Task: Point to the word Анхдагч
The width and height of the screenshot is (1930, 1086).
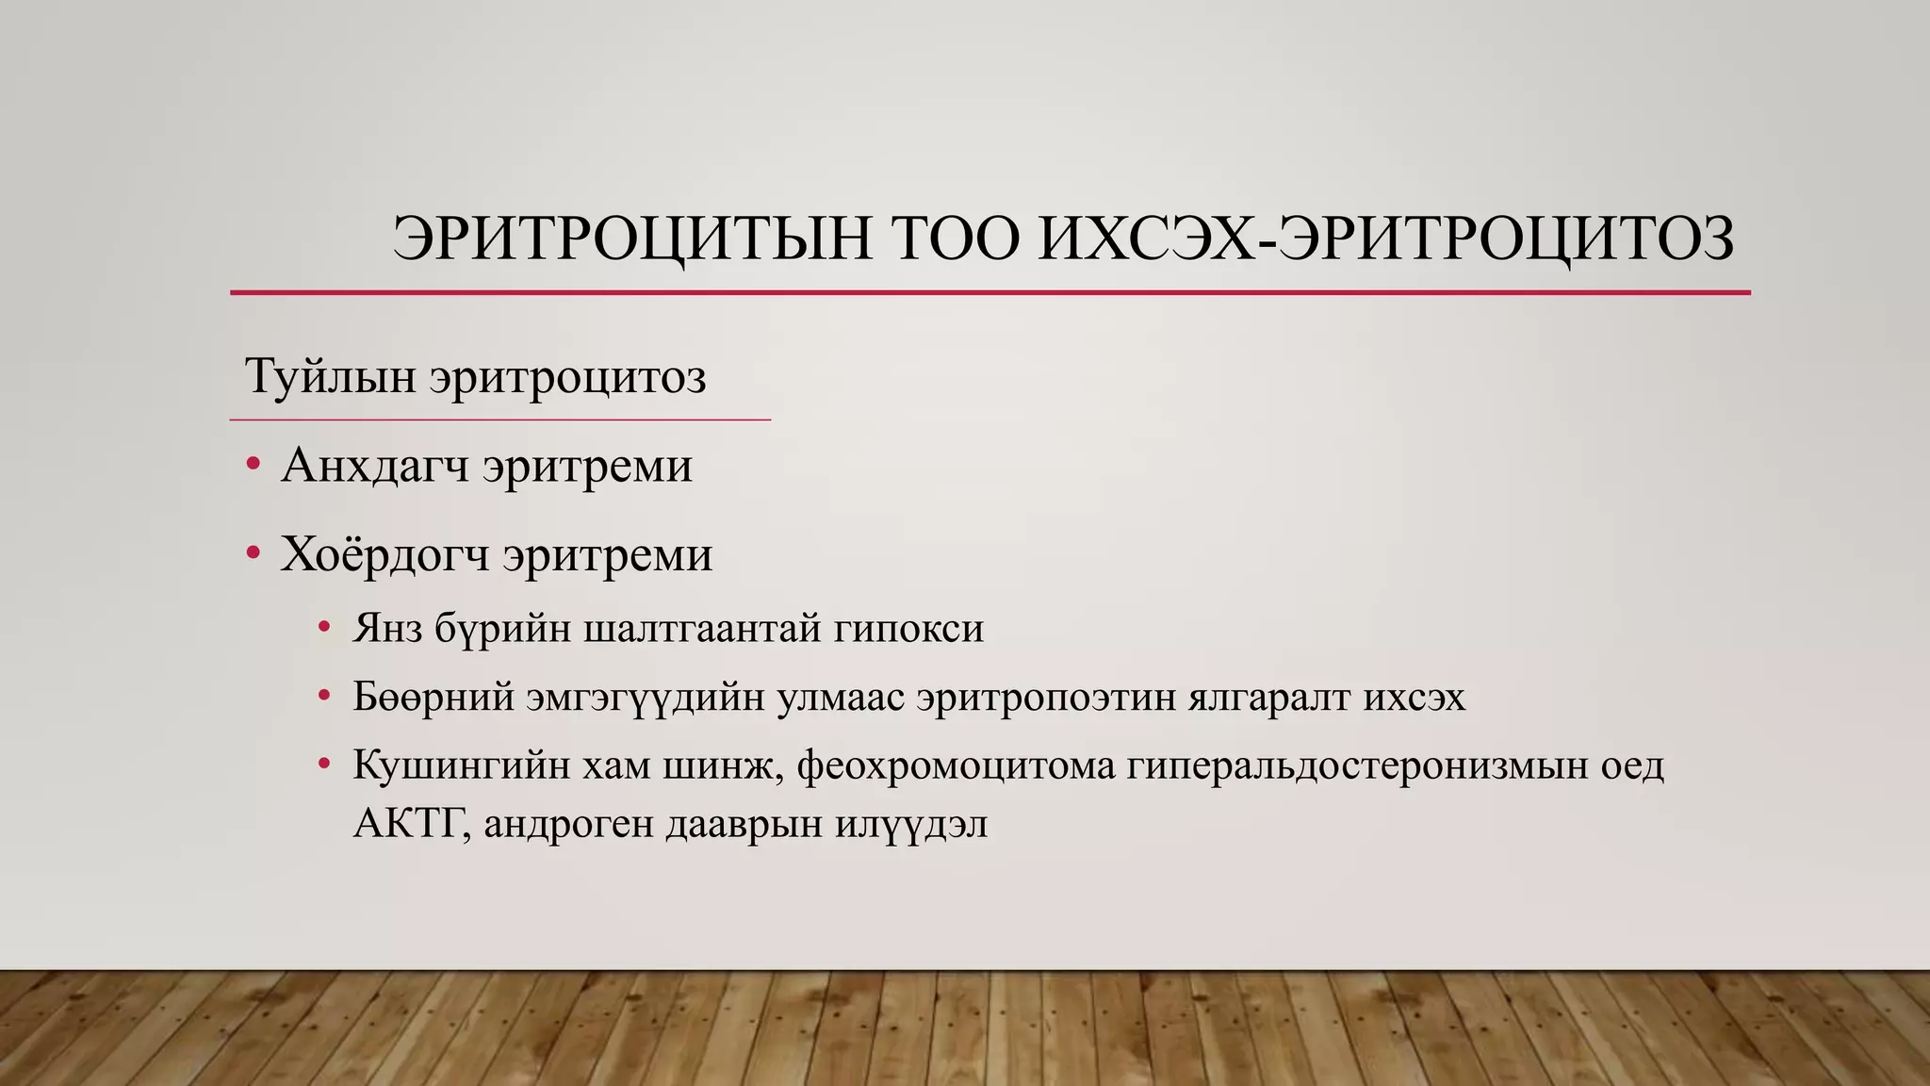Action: point(374,466)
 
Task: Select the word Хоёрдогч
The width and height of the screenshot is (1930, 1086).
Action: point(384,554)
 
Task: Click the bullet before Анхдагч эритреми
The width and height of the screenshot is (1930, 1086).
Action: point(253,465)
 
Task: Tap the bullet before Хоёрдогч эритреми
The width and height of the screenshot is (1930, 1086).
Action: point(253,553)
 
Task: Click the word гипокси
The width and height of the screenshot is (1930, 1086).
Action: point(908,629)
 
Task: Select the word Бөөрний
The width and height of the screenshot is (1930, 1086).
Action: point(433,698)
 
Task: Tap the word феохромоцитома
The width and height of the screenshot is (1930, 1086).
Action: point(956,765)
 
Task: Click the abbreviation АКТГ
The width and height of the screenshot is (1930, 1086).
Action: point(411,824)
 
